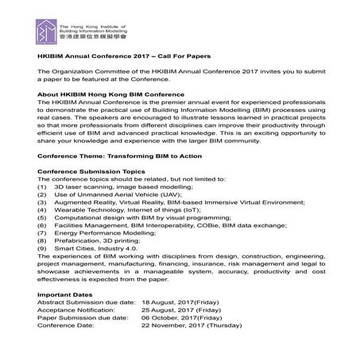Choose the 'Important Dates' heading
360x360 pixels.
65,318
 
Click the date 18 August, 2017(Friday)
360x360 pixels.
184,327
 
